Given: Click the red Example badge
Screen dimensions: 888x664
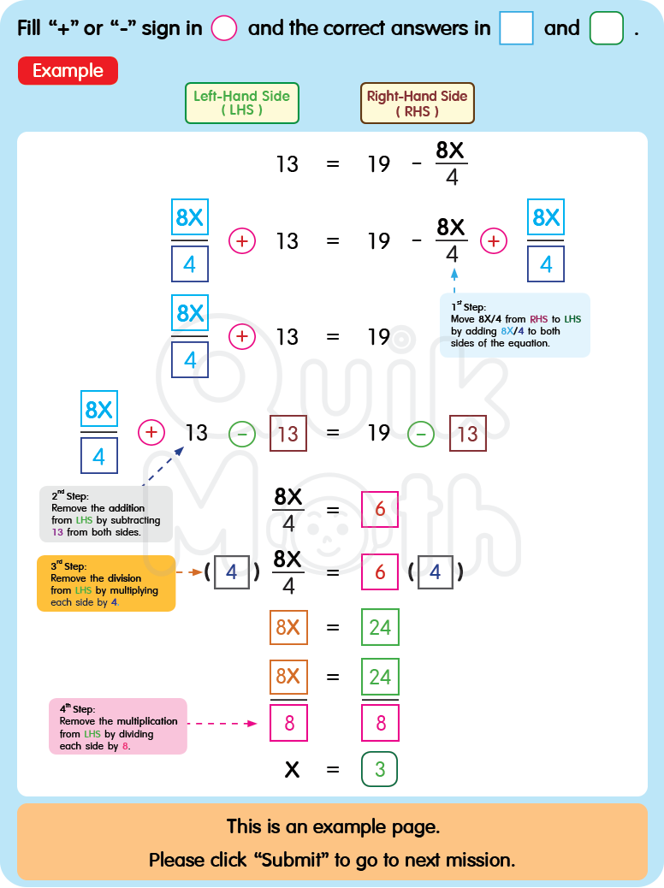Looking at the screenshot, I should point(68,71).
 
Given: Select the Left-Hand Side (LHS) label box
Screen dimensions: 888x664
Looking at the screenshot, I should point(241,103).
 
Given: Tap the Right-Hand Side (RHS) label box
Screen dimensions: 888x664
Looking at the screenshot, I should point(417,103).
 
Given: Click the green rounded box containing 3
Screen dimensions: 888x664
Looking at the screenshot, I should point(380,768).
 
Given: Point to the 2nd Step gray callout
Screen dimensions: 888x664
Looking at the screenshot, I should point(105,513).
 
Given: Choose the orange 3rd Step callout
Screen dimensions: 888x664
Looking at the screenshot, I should point(105,583).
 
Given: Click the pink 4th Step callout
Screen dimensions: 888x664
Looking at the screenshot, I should point(117,725).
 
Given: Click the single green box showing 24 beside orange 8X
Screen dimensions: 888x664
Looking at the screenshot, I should point(380,627).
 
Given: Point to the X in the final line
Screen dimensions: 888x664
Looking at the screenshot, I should point(292,769).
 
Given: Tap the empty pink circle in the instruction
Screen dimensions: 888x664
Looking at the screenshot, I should point(224,28).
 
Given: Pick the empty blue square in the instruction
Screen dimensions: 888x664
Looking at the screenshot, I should point(516,28).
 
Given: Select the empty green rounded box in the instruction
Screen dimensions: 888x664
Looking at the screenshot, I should point(607,28).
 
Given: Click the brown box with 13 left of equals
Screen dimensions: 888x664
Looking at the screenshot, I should point(288,433).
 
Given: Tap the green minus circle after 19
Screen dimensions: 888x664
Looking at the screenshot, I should point(420,434).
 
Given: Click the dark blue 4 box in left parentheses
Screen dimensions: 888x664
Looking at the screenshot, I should point(232,572).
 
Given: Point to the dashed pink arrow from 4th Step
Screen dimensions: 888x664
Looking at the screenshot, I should point(222,724).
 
